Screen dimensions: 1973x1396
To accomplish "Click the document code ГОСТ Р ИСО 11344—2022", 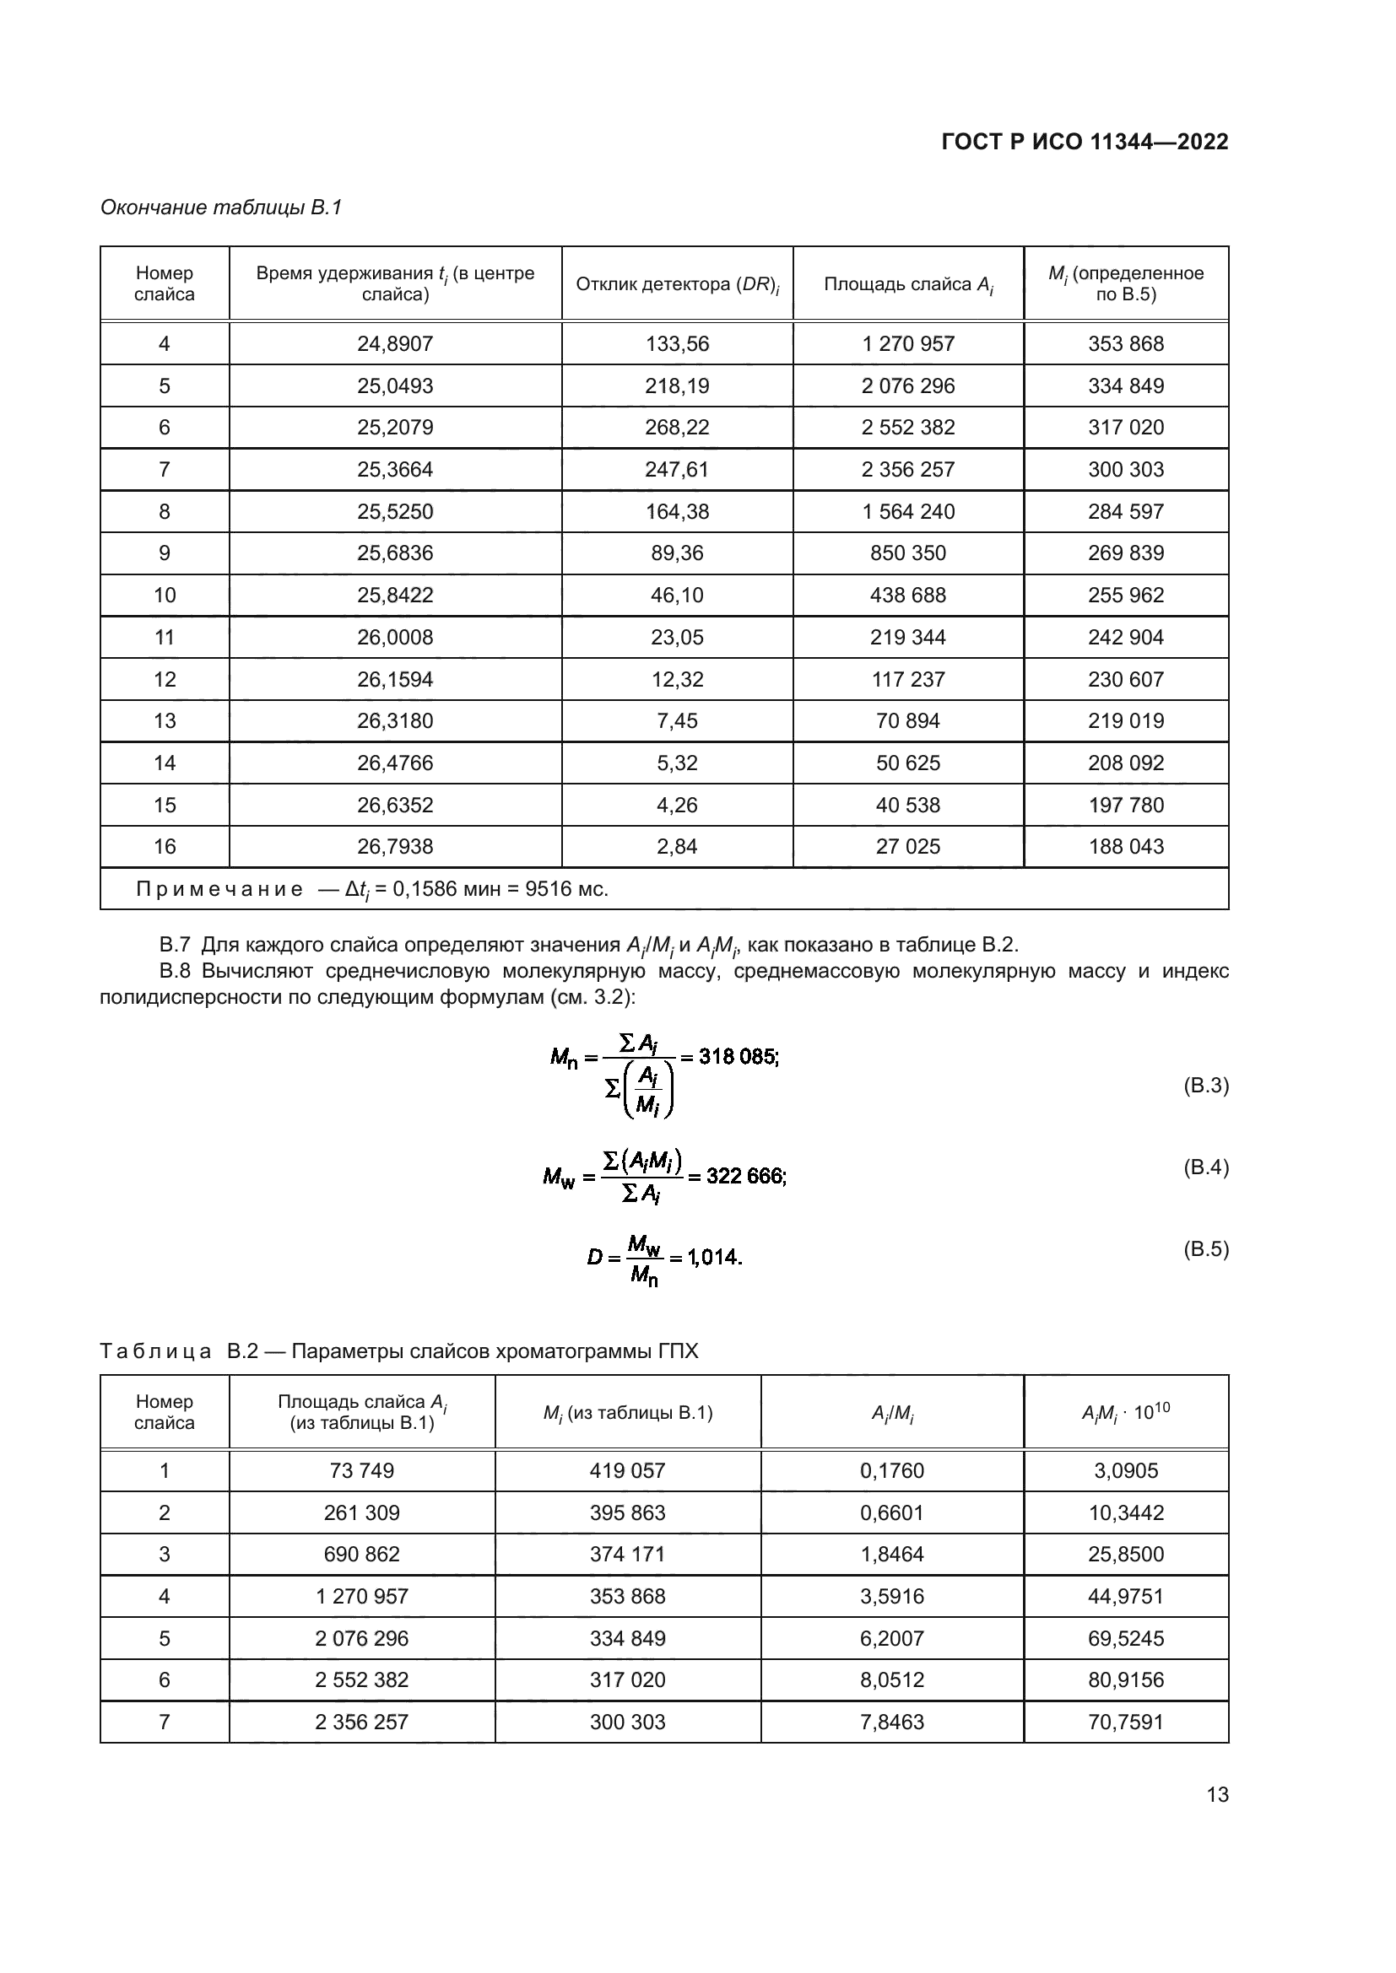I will [x=1085, y=142].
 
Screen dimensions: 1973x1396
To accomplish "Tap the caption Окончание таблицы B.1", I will [x=221, y=208].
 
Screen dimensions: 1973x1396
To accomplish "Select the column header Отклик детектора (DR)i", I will [x=678, y=284].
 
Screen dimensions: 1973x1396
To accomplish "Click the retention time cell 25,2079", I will [x=395, y=427].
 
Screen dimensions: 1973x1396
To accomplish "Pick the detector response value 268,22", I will [x=678, y=427].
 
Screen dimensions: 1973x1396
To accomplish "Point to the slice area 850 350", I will [x=908, y=553].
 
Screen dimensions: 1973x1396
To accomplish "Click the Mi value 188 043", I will [x=1125, y=846].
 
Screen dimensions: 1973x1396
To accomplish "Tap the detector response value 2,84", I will [x=678, y=846].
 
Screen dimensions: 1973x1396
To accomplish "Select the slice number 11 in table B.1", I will [x=165, y=637].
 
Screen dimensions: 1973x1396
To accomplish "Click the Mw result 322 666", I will [x=744, y=1176].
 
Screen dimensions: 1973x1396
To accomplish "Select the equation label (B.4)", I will [x=1205, y=1167].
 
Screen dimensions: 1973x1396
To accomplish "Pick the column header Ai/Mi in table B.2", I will [x=891, y=1413].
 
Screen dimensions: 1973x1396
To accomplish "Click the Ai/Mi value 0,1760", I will [x=891, y=1470].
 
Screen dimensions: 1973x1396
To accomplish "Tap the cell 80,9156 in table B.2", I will [x=1125, y=1679].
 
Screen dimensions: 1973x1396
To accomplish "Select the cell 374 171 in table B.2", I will [x=627, y=1554].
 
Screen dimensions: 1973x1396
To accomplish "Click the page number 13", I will [x=1217, y=1794].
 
